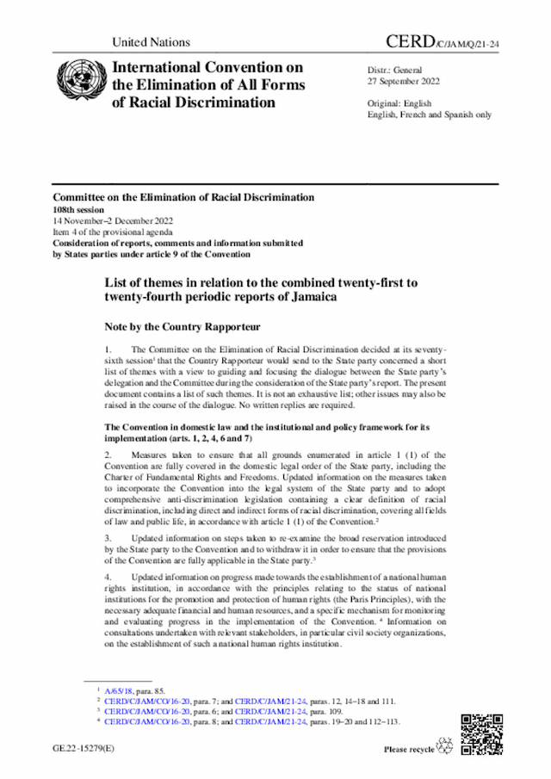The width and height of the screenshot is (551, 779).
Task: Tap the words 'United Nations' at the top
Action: tap(152, 42)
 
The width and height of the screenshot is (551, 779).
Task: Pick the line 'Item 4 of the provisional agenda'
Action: tap(115, 232)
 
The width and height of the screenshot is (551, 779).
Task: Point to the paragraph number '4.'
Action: tap(108, 575)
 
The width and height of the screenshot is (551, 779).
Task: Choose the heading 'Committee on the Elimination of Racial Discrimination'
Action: tap(183, 197)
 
